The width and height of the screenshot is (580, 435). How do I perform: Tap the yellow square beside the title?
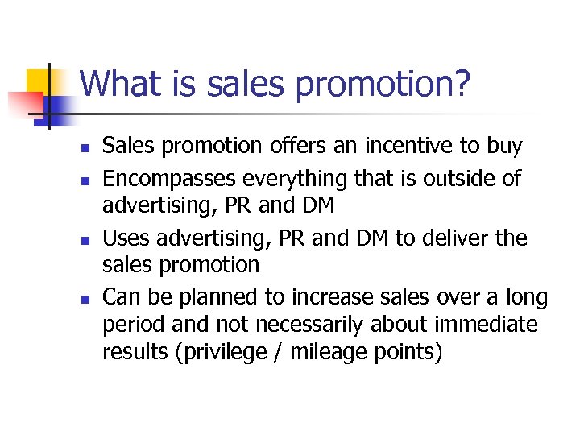39,81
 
